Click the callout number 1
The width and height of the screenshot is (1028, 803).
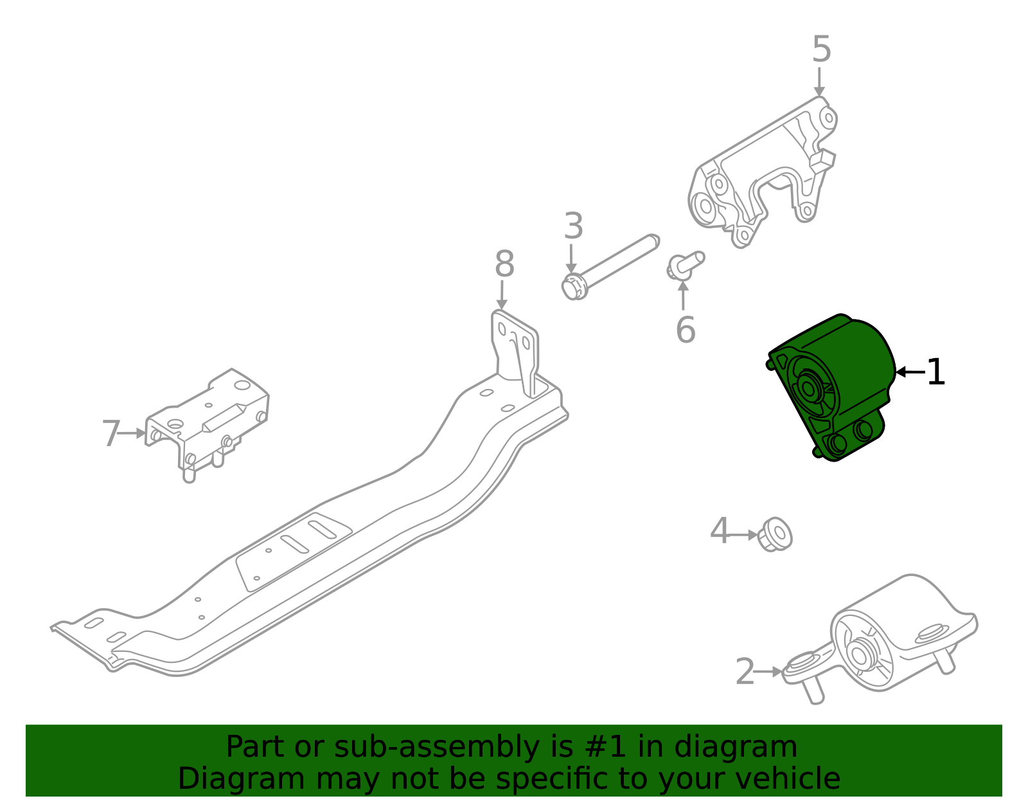click(936, 372)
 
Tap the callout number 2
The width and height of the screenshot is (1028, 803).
click(745, 672)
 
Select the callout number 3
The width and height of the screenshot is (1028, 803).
click(573, 226)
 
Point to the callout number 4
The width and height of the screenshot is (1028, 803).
click(720, 532)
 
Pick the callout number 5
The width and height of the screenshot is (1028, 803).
click(821, 50)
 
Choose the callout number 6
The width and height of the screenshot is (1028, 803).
click(686, 330)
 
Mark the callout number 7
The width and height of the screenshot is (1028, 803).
click(111, 434)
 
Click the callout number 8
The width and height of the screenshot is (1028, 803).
click(504, 264)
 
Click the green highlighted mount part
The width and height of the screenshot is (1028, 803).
click(835, 386)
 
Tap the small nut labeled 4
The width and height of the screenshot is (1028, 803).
click(775, 534)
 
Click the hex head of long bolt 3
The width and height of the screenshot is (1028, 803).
click(574, 286)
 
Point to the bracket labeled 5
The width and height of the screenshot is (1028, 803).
click(765, 174)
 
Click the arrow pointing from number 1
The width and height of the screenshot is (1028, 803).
click(910, 372)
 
